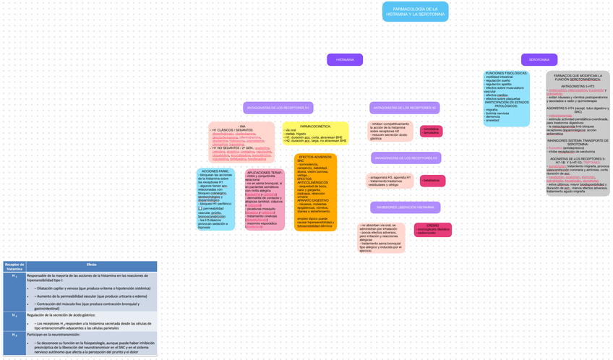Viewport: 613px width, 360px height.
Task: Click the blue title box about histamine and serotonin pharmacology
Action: [x=415, y=12]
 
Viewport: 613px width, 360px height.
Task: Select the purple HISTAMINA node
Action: [x=345, y=59]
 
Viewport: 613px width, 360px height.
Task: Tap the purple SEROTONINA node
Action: [x=539, y=59]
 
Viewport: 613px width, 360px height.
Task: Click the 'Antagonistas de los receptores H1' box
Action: [x=267, y=108]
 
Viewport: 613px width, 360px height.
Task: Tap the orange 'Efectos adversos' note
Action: [x=315, y=192]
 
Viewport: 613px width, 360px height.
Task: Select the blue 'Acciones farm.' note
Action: [x=215, y=199]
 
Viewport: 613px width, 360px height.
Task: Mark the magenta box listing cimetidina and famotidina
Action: [x=432, y=131]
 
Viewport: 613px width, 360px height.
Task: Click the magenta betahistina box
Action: [x=432, y=181]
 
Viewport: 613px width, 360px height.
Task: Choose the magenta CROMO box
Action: [x=432, y=230]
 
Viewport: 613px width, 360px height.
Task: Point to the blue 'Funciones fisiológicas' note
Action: [x=506, y=98]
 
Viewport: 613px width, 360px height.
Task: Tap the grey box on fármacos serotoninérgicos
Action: [x=578, y=134]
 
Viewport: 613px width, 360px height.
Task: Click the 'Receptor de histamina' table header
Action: [x=14, y=267]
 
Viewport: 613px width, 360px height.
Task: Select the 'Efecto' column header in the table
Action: [x=92, y=265]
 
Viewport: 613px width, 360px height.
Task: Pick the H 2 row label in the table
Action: [x=14, y=315]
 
